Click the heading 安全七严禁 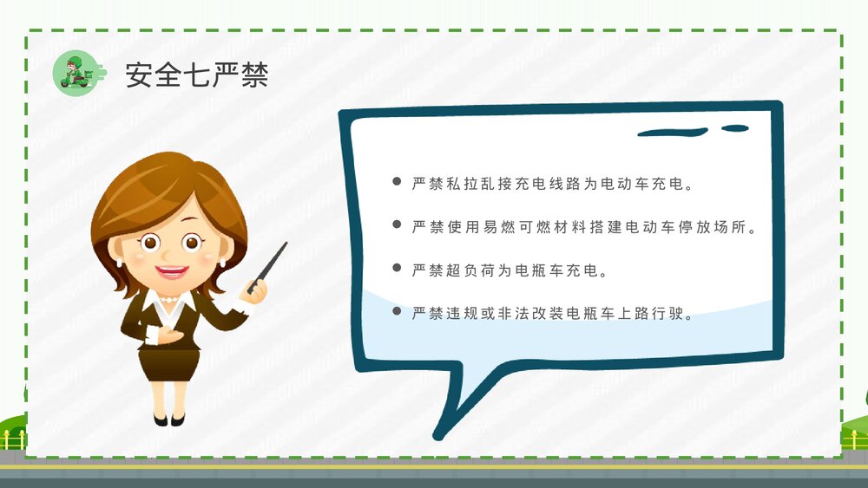196,75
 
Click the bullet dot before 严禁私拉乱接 397,183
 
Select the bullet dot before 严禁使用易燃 397,225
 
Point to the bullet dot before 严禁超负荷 397,269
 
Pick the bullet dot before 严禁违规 397,311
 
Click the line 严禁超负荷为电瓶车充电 508,270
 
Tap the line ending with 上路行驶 553,312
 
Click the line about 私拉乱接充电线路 553,184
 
